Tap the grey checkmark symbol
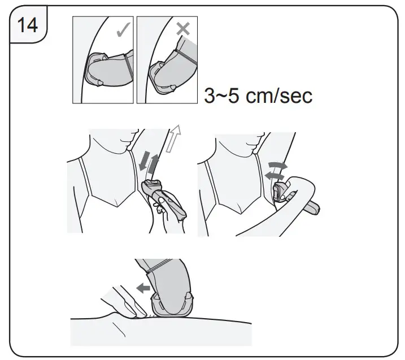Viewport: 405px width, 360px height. (123, 30)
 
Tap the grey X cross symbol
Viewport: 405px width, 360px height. (183, 29)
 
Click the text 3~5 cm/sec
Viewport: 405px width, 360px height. (258, 95)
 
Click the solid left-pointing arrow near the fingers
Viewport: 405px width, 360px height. (144, 288)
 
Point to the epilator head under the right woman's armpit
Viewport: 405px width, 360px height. (277, 190)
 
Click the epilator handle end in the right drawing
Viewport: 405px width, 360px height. (315, 211)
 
